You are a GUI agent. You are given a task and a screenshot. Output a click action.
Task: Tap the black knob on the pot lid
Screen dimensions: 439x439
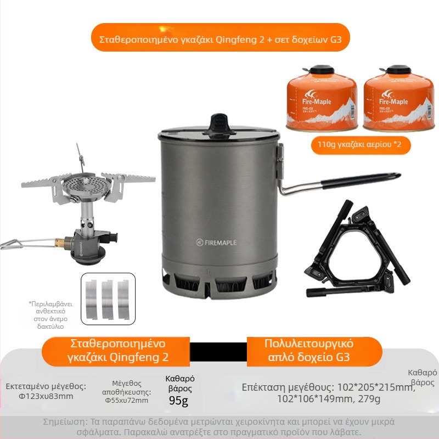point(219,121)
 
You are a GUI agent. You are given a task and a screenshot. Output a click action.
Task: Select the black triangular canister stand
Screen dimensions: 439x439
point(357,247)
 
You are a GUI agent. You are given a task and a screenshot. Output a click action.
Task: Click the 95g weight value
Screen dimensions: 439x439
point(178,401)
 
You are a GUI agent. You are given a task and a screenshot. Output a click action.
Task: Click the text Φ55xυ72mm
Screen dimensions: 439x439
point(127,401)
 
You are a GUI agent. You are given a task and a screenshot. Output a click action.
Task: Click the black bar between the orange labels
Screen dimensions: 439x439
point(218,351)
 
